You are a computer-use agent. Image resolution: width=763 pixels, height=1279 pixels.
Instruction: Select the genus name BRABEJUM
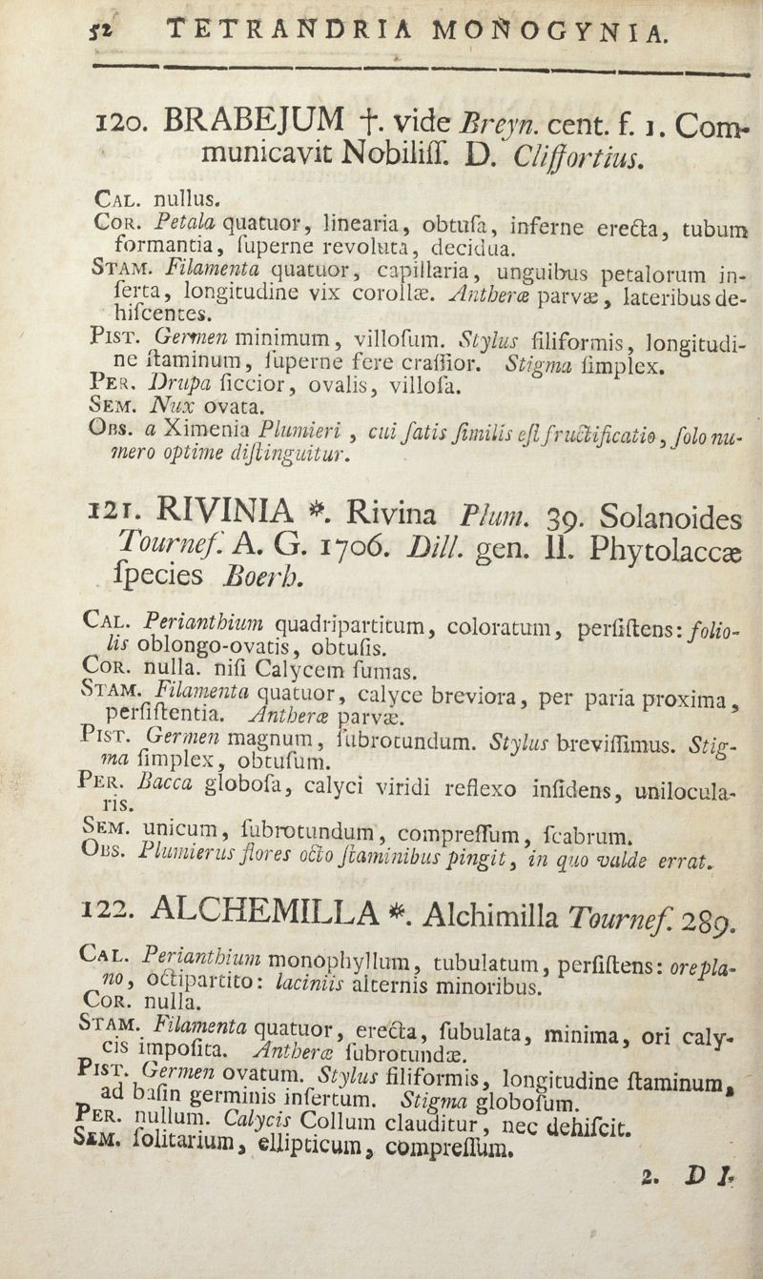[x=254, y=120]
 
